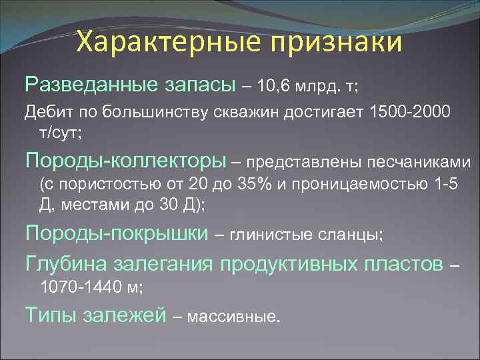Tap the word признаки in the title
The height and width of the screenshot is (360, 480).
tap(335, 42)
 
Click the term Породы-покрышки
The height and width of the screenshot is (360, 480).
tap(116, 233)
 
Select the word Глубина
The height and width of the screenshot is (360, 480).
tap(67, 263)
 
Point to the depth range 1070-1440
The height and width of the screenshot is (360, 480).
tap(83, 287)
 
